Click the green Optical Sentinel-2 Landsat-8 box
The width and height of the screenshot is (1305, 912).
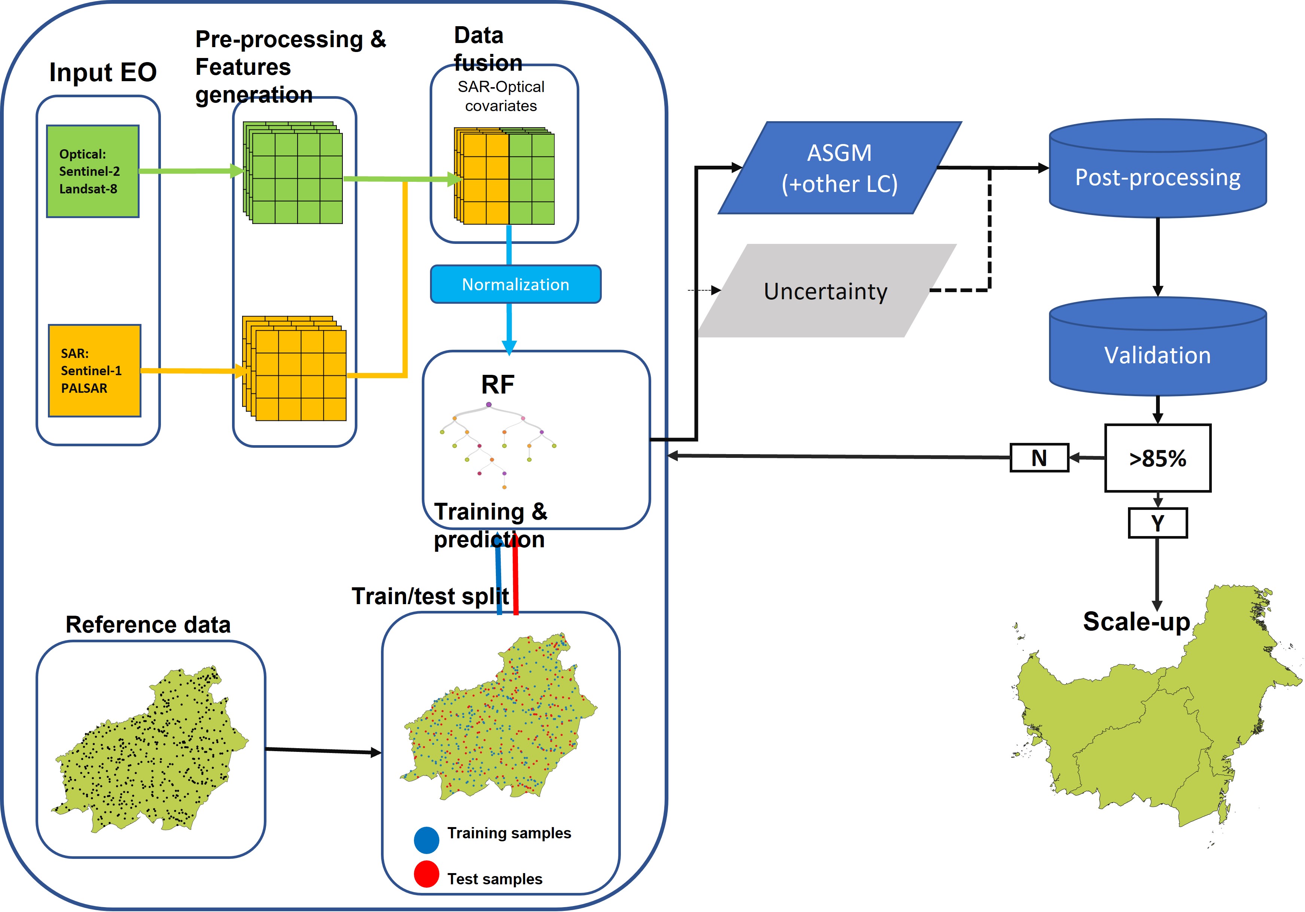coord(93,171)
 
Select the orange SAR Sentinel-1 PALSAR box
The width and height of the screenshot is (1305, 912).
coord(94,370)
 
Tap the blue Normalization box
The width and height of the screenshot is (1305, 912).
coord(515,284)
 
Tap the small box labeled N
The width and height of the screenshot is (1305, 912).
coord(1039,458)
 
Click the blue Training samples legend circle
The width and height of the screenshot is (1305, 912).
coord(426,840)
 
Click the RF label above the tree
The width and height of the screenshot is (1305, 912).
coord(497,385)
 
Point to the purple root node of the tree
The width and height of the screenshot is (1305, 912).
coord(489,405)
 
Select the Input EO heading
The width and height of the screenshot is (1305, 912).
coord(103,72)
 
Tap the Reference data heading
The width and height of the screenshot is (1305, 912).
coord(148,624)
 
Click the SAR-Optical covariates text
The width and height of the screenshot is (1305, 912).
coord(501,96)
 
